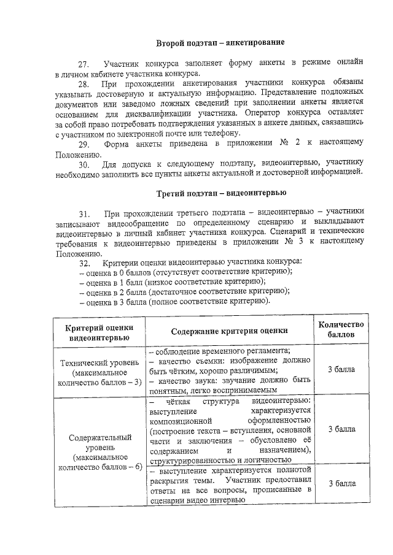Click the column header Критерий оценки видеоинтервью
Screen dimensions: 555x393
point(98,332)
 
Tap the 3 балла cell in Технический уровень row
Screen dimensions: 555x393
point(342,370)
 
